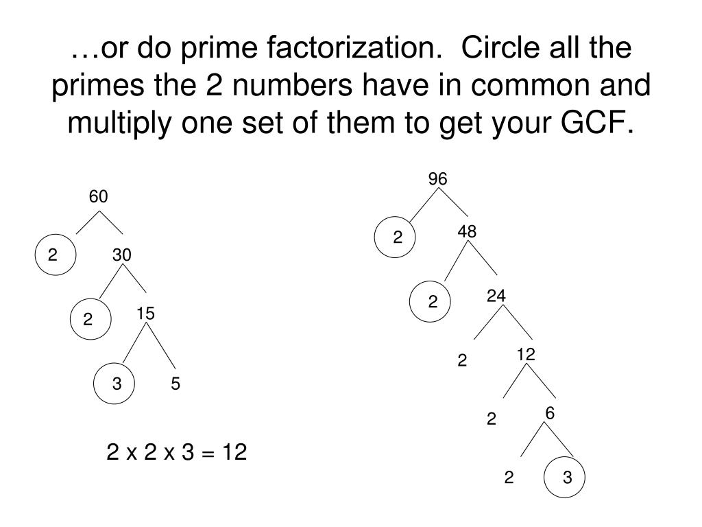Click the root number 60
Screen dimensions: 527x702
click(x=98, y=197)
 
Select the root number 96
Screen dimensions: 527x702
click(x=437, y=179)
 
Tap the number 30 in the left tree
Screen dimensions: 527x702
click(x=122, y=255)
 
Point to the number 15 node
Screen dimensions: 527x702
click(x=145, y=314)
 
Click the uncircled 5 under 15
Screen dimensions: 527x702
click(x=175, y=384)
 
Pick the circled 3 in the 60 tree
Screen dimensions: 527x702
click(x=118, y=384)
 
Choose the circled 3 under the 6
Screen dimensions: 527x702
click(x=567, y=478)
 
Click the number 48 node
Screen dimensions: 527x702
click(x=467, y=232)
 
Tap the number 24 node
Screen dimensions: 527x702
click(x=496, y=296)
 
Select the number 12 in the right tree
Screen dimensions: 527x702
click(x=526, y=354)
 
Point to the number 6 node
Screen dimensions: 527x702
click(x=550, y=412)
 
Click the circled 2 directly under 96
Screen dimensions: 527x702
click(x=397, y=237)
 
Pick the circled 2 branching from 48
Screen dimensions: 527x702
click(x=433, y=302)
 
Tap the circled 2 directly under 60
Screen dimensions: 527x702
click(x=53, y=255)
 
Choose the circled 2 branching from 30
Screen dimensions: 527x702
click(x=88, y=320)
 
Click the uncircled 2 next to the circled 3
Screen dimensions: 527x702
click(x=509, y=478)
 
